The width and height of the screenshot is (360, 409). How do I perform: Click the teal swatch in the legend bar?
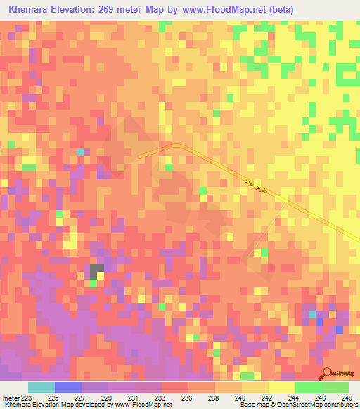click(41, 387)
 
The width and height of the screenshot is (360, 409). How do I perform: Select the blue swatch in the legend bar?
click(68, 387)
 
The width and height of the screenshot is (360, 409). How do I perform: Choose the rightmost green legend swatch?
click(335, 387)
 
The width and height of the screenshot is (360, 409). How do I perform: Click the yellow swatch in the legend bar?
click(281, 387)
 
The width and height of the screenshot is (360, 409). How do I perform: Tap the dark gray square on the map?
click(96, 269)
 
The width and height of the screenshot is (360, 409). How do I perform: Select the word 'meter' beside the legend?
click(11, 398)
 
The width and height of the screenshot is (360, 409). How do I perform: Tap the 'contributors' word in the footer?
click(340, 405)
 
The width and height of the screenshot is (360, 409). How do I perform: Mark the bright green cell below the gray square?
click(93, 283)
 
